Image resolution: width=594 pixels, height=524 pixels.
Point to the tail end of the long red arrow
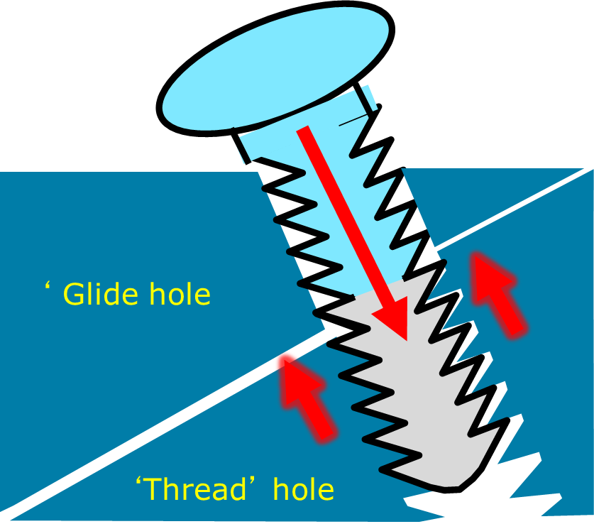[x=304, y=131]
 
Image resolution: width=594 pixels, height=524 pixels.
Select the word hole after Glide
[x=181, y=294]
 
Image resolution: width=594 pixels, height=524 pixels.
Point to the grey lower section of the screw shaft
[x=419, y=398]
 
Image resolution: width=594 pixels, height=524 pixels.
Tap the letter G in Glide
[x=74, y=294]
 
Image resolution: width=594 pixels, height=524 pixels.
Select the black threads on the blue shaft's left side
[x=284, y=213]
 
